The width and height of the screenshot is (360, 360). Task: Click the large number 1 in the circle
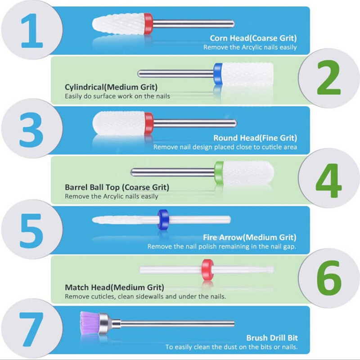(x=32, y=31)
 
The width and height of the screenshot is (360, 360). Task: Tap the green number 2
(x=329, y=77)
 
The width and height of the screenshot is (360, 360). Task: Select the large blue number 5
(x=31, y=231)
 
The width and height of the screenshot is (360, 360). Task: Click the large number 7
(x=31, y=329)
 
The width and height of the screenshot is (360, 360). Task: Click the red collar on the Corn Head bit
(x=148, y=24)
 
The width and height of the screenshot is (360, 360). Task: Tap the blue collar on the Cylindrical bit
(x=218, y=73)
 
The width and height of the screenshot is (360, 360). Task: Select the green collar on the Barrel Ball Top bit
(x=219, y=172)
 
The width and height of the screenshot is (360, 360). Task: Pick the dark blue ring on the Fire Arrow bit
(x=163, y=219)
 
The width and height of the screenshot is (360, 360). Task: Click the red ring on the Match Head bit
(x=207, y=270)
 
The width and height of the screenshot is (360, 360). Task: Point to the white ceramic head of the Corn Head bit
(x=118, y=24)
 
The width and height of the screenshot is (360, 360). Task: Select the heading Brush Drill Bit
(x=272, y=338)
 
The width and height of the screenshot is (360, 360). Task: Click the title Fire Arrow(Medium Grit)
(x=250, y=238)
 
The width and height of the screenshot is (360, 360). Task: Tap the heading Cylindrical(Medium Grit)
(x=111, y=87)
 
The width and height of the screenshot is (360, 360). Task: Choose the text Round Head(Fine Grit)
(x=255, y=138)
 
